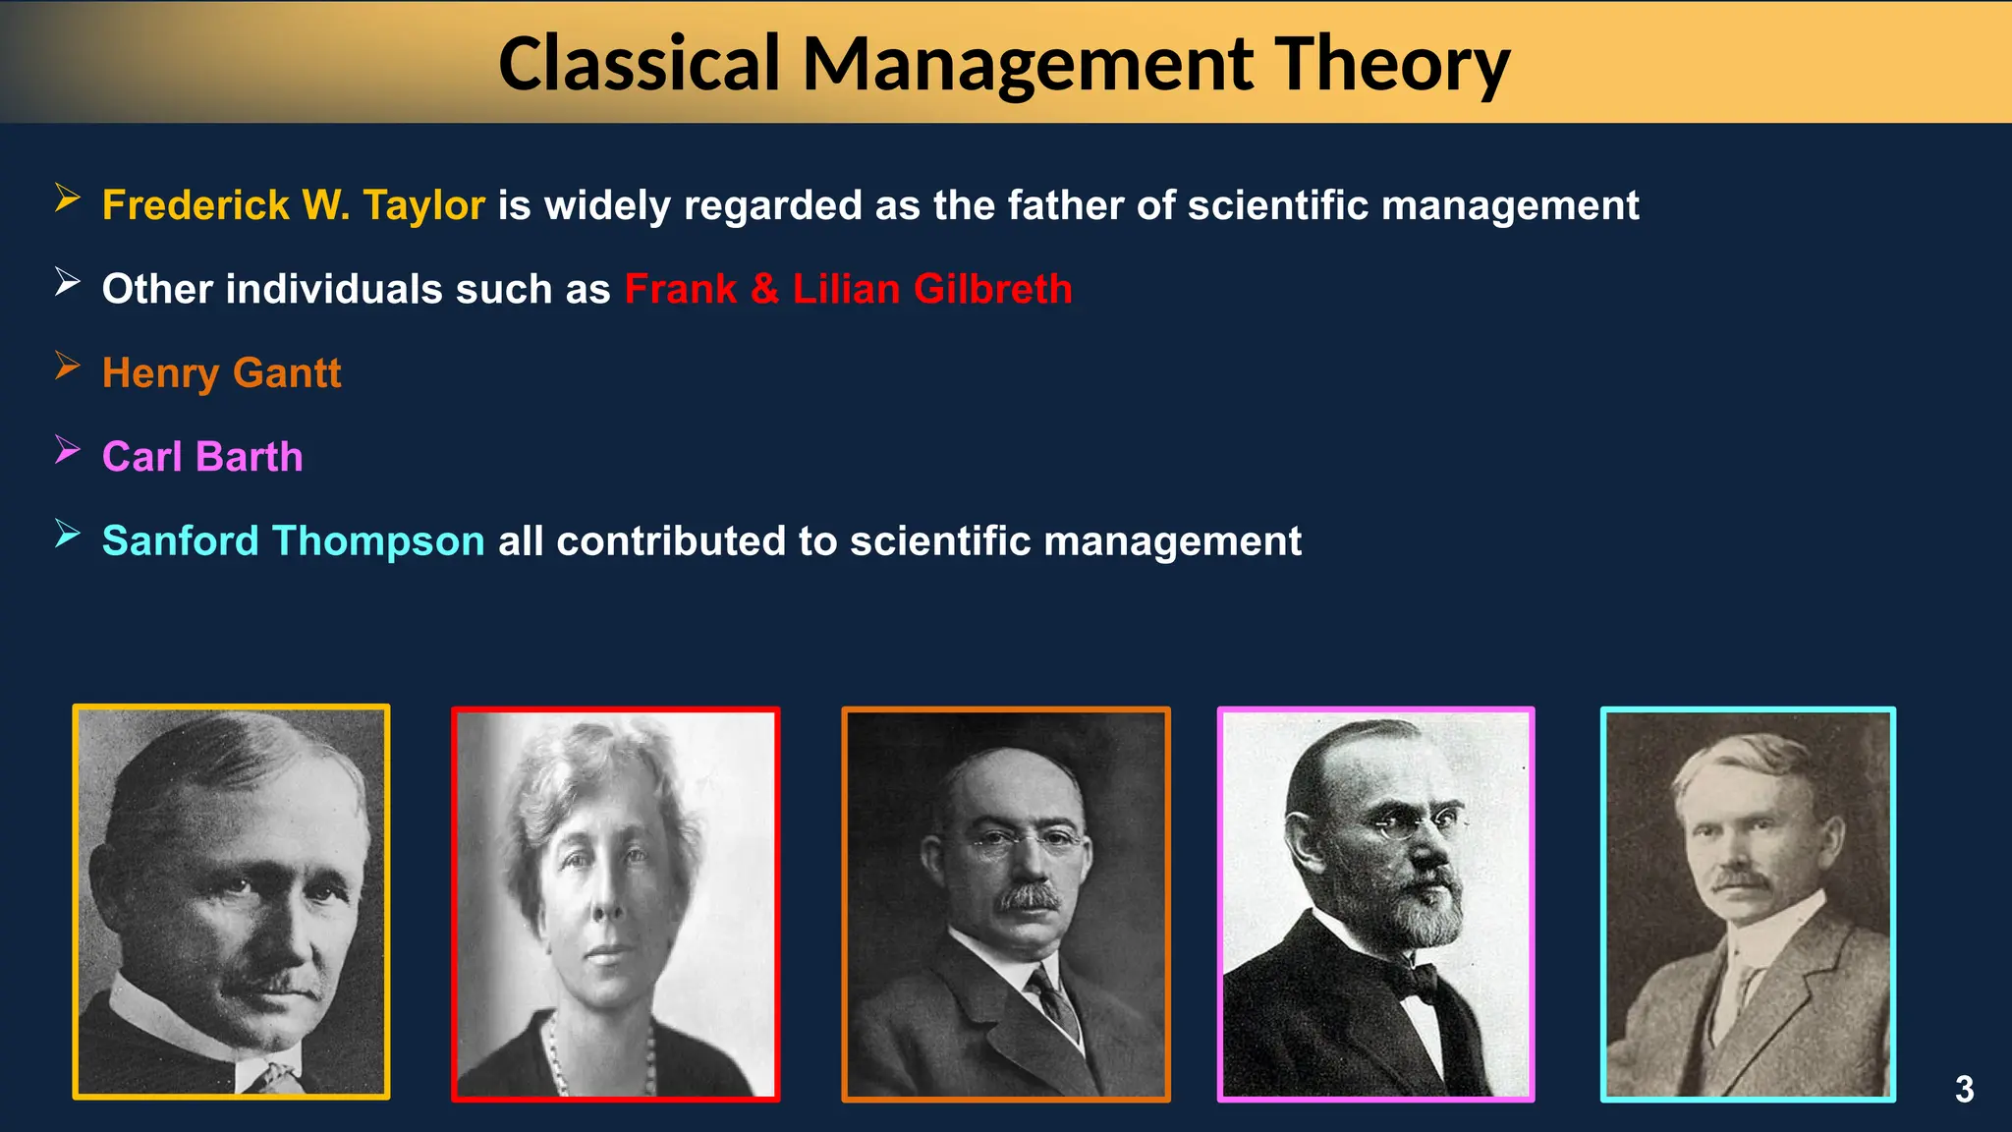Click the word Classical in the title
(640, 65)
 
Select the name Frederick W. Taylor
(293, 205)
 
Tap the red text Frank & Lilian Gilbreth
(848, 289)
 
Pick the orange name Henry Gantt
(221, 373)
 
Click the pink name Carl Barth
(202, 457)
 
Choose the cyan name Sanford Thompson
(293, 541)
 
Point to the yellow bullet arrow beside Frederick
(67, 198)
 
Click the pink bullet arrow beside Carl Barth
(67, 450)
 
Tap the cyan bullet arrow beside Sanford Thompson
(67, 534)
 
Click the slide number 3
(1964, 1089)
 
